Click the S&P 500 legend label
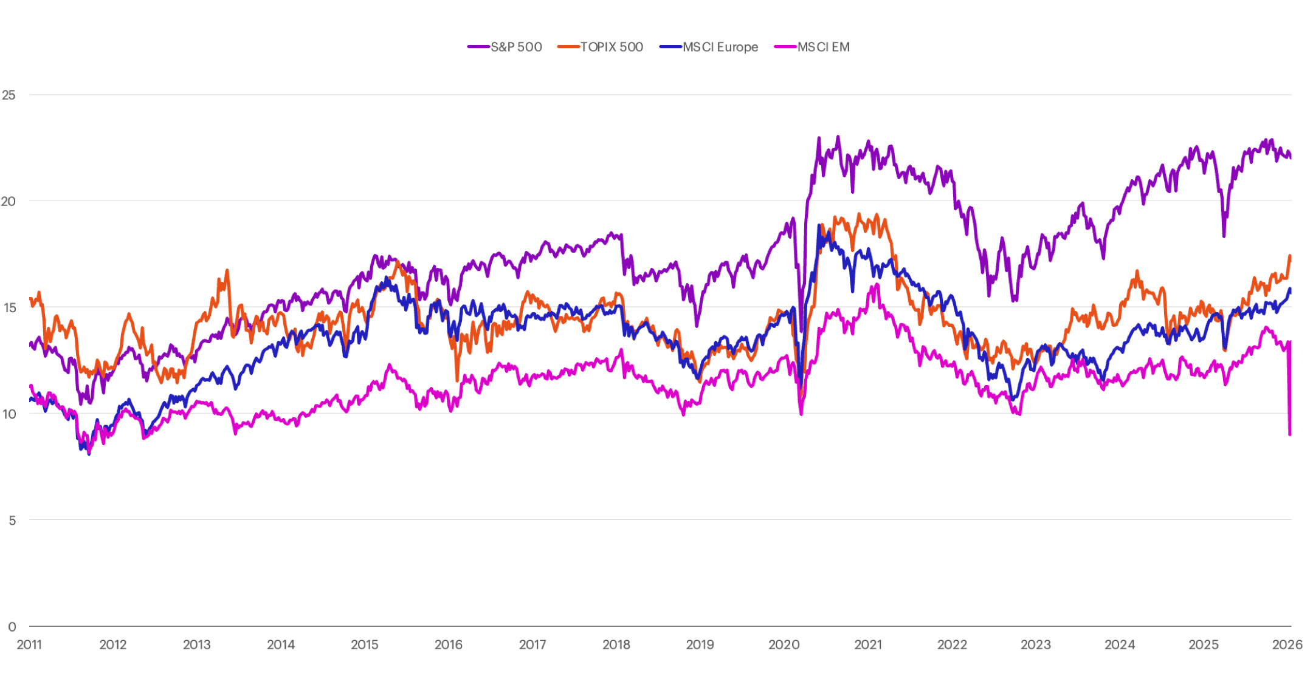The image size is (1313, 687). click(516, 47)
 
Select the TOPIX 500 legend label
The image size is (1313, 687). click(612, 47)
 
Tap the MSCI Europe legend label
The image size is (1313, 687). click(720, 47)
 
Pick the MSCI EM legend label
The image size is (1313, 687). click(823, 47)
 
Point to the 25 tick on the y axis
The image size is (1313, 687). click(9, 95)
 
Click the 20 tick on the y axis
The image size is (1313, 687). click(9, 201)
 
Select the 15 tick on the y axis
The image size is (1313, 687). click(9, 307)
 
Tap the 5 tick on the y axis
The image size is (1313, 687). click(12, 520)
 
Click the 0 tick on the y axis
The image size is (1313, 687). click(12, 626)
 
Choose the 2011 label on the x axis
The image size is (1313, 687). click(29, 644)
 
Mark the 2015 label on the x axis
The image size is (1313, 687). click(364, 644)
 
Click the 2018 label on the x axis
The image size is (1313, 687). click(616, 644)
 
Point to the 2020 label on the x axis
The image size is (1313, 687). click(784, 644)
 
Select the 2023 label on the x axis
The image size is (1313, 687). click(1035, 644)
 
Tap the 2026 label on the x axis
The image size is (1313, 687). click(1287, 644)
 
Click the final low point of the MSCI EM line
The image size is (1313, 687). click(1290, 434)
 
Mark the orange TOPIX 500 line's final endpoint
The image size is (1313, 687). click(1290, 256)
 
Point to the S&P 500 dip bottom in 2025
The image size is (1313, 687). click(1224, 236)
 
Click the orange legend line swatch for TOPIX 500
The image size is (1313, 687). click(568, 47)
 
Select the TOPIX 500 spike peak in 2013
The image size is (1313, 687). click(227, 270)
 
